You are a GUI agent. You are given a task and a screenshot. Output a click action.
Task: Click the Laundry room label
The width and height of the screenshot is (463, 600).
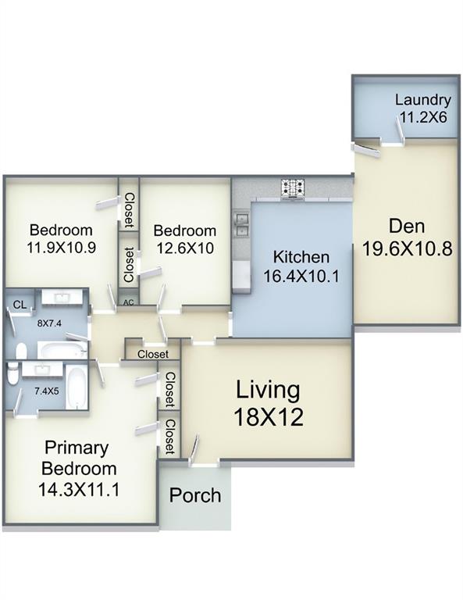[x=423, y=100]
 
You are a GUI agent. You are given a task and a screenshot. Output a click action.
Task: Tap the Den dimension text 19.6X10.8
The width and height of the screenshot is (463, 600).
[x=407, y=249]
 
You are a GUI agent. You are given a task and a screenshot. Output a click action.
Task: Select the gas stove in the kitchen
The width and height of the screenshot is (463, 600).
[x=293, y=188]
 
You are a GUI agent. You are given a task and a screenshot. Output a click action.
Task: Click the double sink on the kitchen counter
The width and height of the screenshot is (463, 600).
[x=241, y=225]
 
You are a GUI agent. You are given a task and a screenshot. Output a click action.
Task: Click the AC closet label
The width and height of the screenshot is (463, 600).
[x=129, y=302]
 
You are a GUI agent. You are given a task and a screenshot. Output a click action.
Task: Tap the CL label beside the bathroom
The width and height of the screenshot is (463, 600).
[x=20, y=305]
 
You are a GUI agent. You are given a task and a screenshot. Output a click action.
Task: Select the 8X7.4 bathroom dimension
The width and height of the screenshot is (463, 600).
[x=49, y=323]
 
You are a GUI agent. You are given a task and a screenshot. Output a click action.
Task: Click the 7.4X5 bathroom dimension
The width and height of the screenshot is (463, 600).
[x=47, y=391]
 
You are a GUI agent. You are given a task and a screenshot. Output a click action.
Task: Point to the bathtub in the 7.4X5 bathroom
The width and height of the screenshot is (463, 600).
[x=77, y=387]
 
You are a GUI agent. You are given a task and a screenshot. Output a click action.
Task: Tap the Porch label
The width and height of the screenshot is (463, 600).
[x=195, y=495]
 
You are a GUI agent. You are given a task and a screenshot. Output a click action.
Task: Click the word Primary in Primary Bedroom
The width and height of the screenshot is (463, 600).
[x=77, y=448]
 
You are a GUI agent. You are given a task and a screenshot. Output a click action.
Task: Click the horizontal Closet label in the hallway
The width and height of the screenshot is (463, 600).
[x=153, y=354]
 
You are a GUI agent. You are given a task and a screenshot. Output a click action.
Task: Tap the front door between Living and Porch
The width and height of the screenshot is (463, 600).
[x=204, y=466]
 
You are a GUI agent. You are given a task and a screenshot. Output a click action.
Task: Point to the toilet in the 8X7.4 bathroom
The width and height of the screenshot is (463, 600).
[x=21, y=351]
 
